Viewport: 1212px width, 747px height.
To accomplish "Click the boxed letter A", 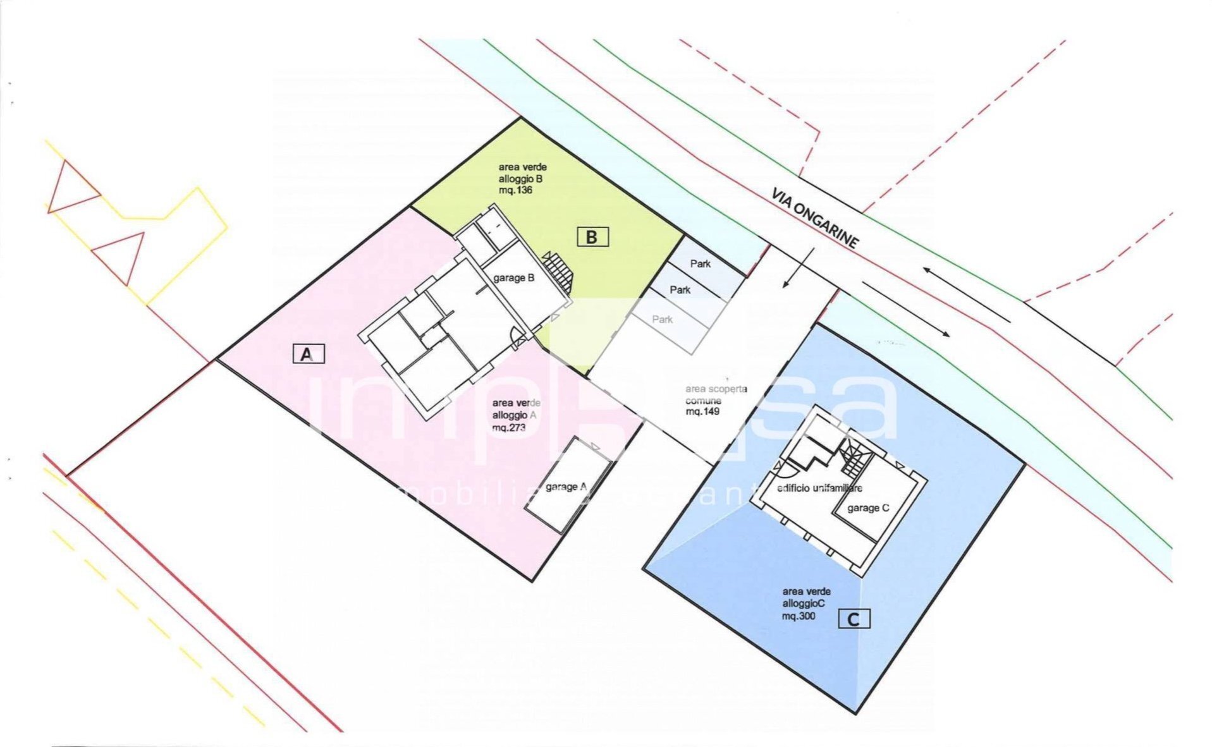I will click(x=308, y=354).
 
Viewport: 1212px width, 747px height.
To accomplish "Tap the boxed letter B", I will click(x=592, y=237).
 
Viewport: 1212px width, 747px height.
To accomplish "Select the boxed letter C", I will click(x=854, y=619).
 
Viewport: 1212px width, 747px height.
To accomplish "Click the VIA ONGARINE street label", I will click(x=815, y=218).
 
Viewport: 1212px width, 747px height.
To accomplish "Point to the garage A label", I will click(x=566, y=487).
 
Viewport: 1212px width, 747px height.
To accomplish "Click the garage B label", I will click(x=513, y=277).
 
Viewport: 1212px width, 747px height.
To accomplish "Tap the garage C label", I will click(x=867, y=507).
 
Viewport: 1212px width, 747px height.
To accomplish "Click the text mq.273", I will click(x=508, y=427).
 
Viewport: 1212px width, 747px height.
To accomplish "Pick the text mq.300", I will click(x=799, y=616).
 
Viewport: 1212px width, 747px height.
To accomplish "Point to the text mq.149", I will click(x=702, y=411).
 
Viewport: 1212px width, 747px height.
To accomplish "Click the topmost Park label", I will click(x=700, y=264).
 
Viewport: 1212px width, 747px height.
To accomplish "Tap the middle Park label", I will click(x=680, y=289).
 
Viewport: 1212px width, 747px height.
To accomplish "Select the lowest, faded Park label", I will click(x=662, y=319).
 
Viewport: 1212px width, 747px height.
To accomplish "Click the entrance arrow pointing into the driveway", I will click(x=798, y=268).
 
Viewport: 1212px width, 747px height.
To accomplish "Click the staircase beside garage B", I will click(x=559, y=272).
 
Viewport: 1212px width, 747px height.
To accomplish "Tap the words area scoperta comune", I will click(x=715, y=395).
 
